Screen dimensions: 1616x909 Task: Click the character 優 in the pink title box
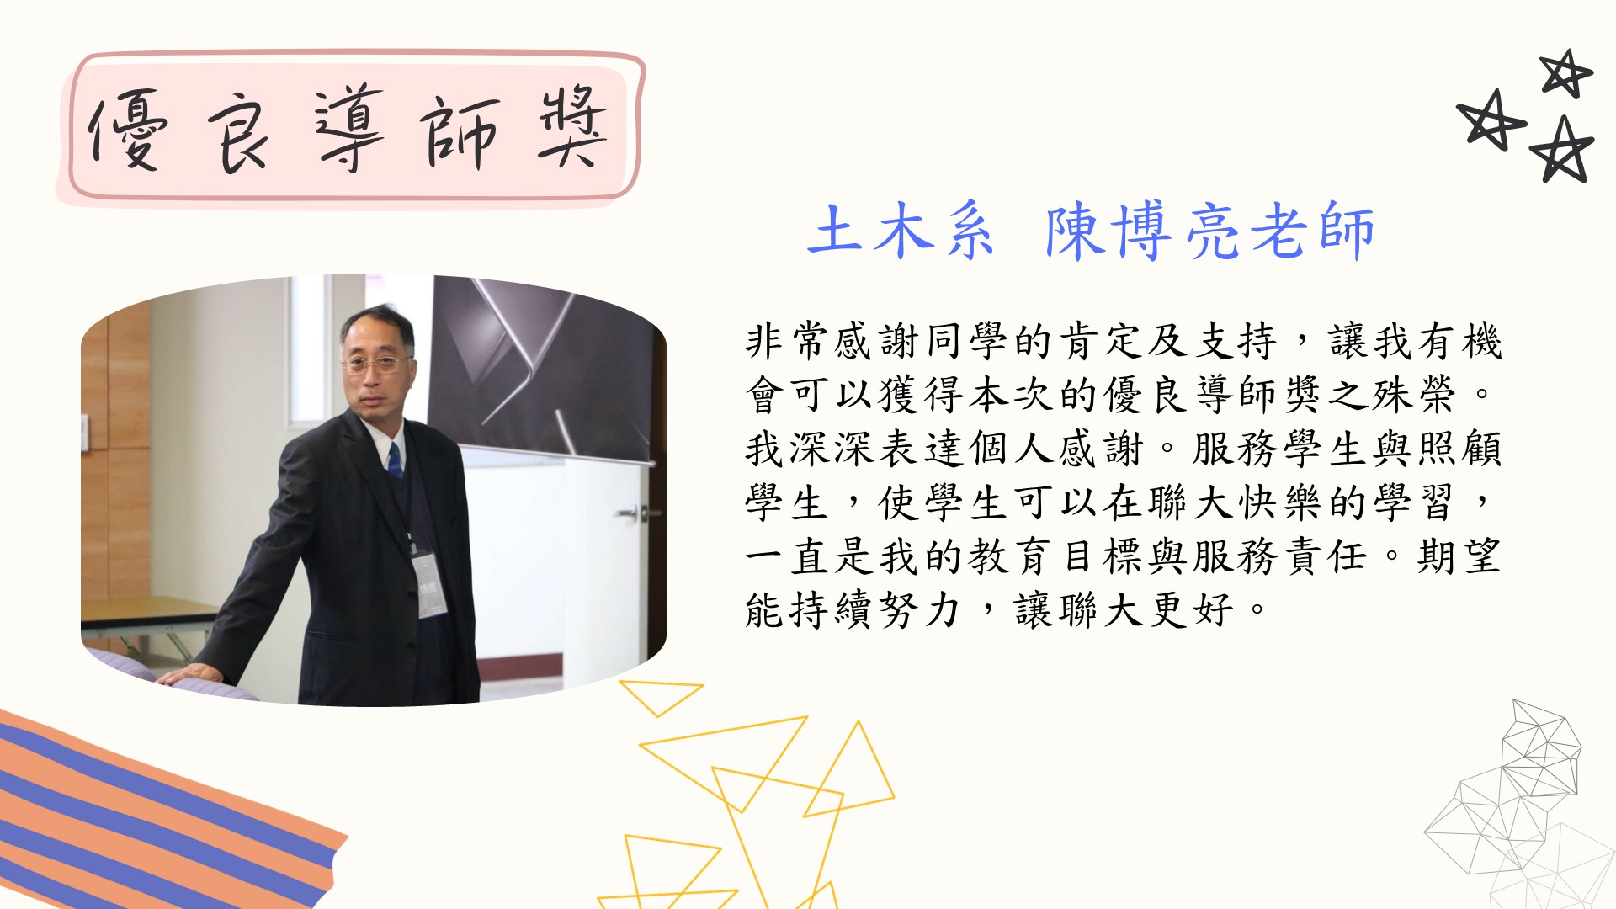(x=128, y=130)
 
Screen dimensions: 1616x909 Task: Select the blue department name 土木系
(x=900, y=229)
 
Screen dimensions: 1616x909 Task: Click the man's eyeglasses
(x=375, y=364)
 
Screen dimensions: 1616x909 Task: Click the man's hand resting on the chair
(x=189, y=673)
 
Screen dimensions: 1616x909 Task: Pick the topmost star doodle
(x=1565, y=73)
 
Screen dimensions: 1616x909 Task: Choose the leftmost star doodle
(x=1491, y=120)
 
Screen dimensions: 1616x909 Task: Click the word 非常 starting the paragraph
(x=789, y=341)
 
